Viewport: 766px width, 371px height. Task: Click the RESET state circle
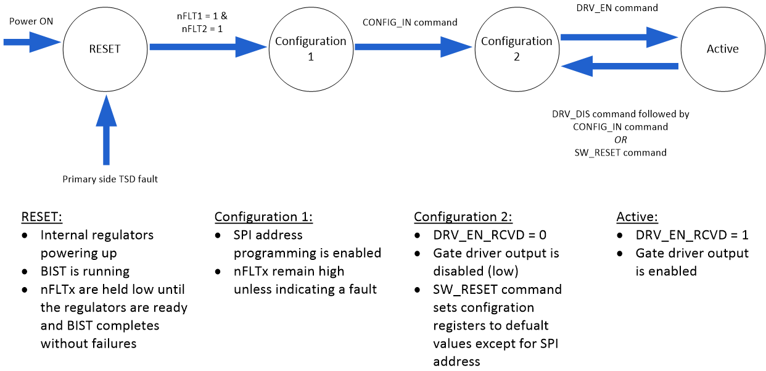(105, 49)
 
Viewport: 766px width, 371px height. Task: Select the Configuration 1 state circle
(310, 49)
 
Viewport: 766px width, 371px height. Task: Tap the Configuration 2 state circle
(516, 49)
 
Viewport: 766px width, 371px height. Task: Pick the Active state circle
(722, 49)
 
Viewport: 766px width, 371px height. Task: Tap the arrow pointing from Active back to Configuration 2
(620, 65)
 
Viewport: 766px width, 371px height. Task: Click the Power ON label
(31, 22)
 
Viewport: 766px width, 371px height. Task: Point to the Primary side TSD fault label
(110, 179)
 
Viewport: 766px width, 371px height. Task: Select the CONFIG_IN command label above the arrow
(410, 22)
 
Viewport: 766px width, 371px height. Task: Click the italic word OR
(620, 140)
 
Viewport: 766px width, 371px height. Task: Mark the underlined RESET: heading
(43, 217)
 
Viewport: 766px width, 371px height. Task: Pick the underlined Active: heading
(637, 217)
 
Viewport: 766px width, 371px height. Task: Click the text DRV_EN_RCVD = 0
(490, 235)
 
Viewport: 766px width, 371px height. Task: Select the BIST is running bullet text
(85, 271)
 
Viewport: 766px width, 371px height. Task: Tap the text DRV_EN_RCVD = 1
(691, 235)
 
